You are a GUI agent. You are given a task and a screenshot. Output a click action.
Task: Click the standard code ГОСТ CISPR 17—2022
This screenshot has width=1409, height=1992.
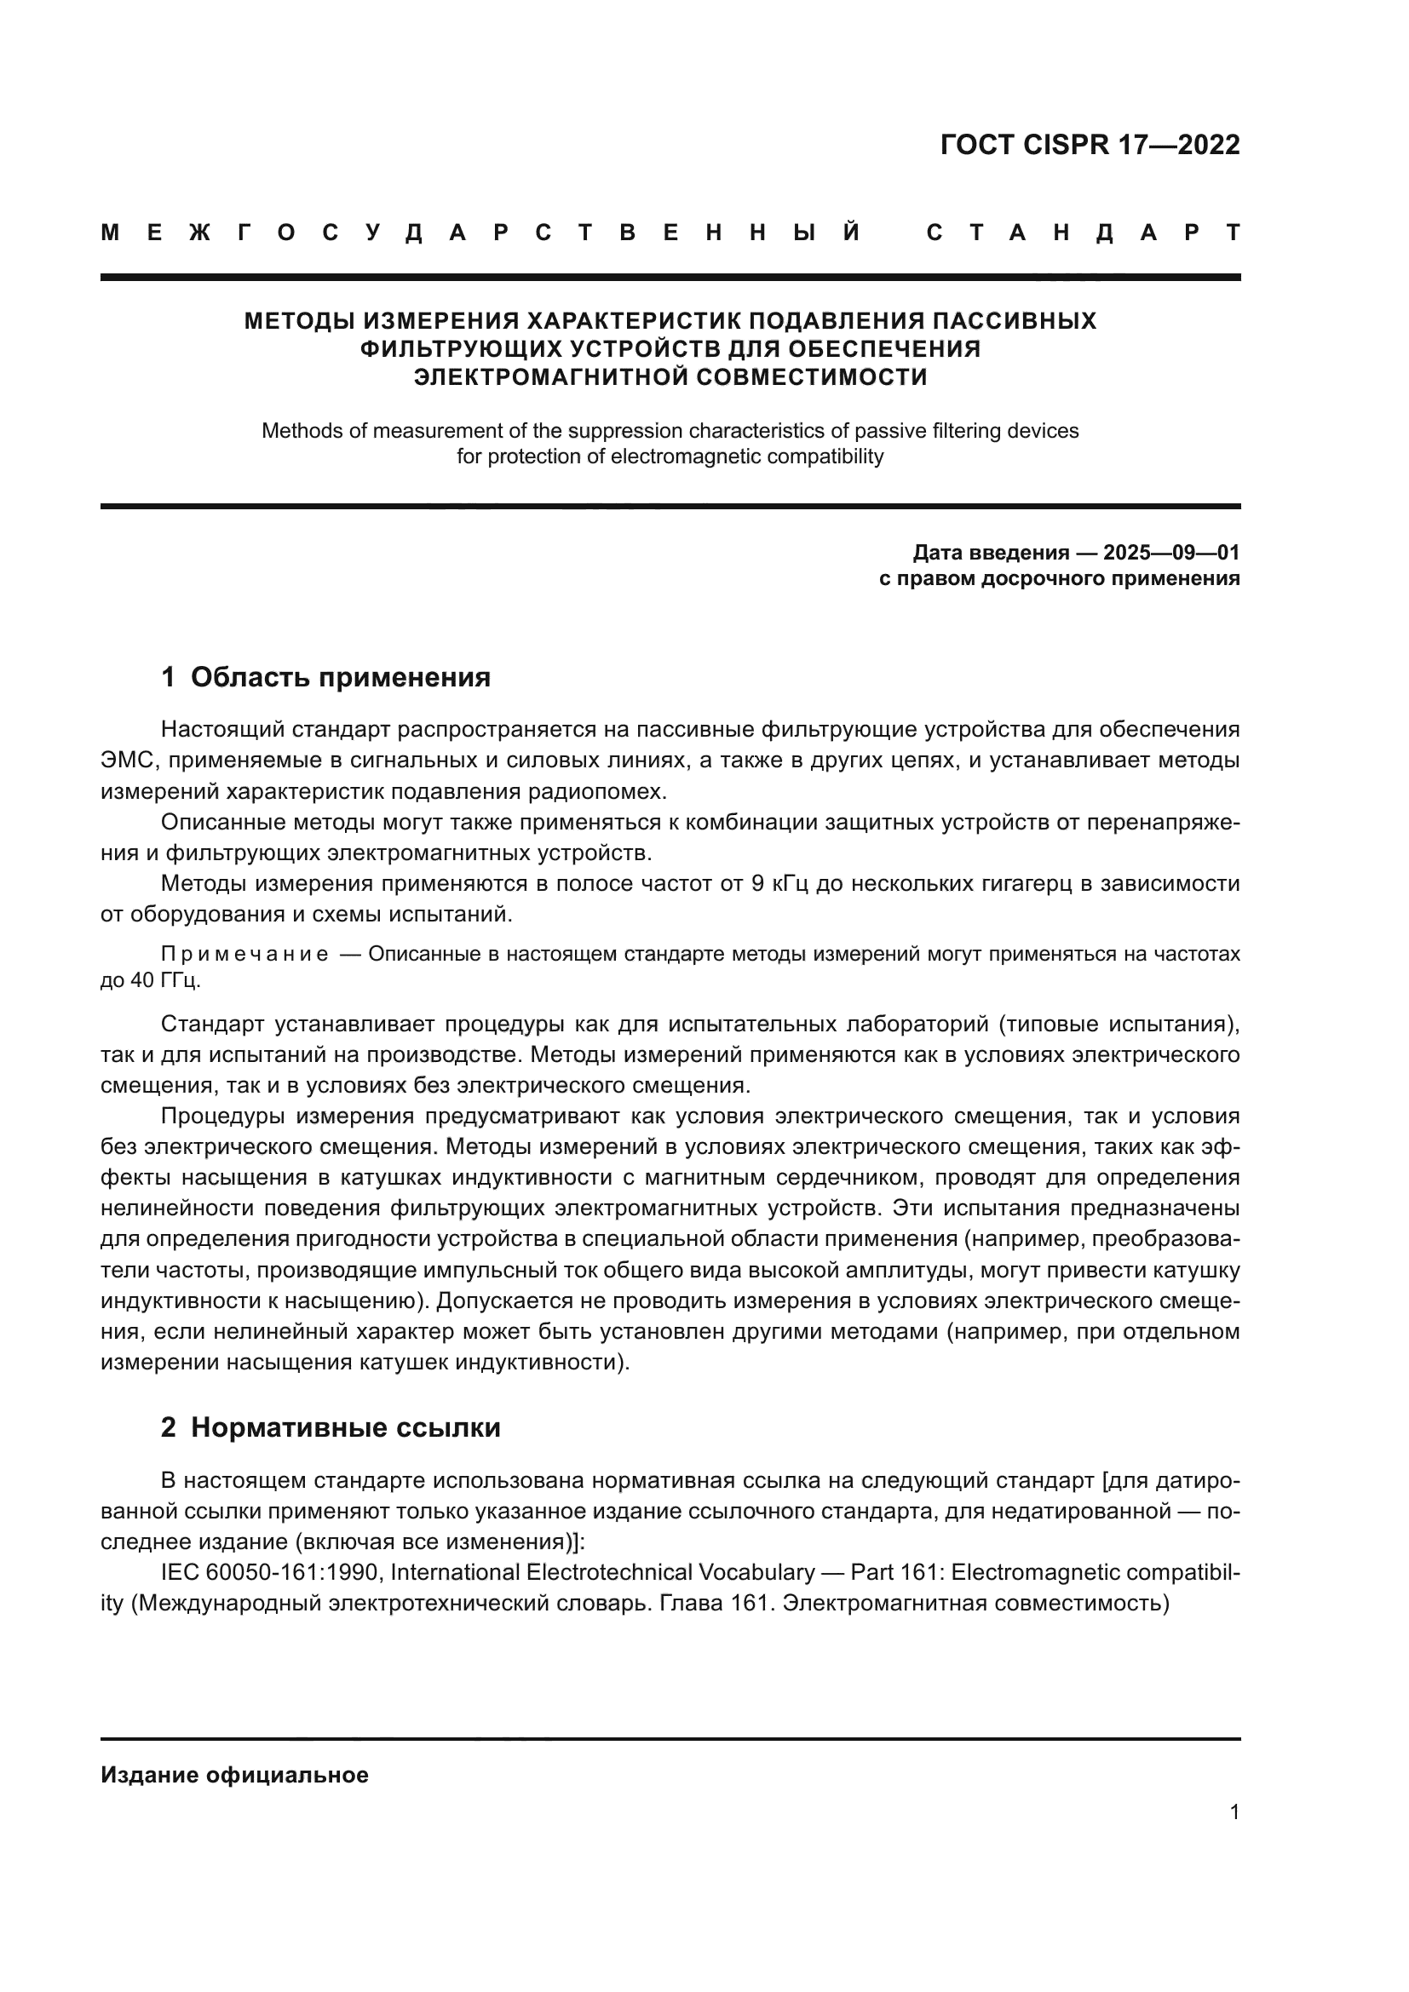[x=1090, y=145]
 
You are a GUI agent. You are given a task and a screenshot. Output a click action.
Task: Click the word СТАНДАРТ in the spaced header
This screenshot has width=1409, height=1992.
[x=1083, y=233]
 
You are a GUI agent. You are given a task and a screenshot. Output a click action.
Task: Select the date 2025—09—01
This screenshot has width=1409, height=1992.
[x=1171, y=553]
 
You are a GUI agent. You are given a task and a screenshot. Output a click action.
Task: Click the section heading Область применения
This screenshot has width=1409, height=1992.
[x=340, y=677]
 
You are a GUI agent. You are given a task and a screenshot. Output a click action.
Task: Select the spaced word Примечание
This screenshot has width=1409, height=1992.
[x=244, y=955]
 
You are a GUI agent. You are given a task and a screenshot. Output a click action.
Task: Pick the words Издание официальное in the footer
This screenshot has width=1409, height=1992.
[x=234, y=1775]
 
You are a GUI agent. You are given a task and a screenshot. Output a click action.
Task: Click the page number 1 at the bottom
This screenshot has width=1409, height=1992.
[x=1234, y=1811]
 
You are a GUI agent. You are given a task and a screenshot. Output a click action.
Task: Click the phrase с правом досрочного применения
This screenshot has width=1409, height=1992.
[x=1059, y=578]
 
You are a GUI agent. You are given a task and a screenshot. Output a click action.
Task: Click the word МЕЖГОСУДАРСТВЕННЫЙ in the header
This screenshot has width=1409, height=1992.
[x=480, y=233]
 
